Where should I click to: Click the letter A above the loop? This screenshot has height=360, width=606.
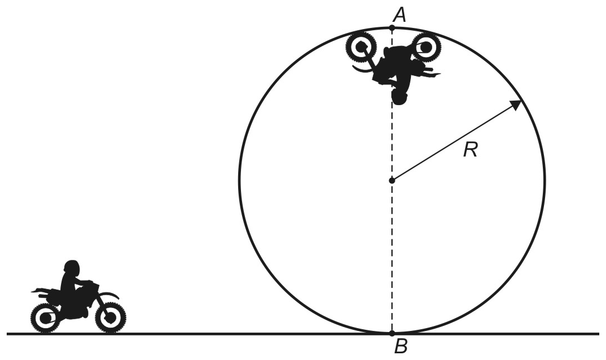click(400, 15)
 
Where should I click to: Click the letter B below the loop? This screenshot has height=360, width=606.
click(401, 347)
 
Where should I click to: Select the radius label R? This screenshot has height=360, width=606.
click(470, 149)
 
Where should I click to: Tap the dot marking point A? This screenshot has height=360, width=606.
click(392, 28)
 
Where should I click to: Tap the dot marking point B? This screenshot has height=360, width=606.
click(392, 333)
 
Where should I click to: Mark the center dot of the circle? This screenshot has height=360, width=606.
click(392, 181)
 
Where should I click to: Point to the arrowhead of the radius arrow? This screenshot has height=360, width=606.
click(517, 105)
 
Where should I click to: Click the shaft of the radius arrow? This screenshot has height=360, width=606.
click(453, 143)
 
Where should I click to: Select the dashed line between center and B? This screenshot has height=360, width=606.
click(392, 257)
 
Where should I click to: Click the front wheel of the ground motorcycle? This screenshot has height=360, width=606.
click(111, 318)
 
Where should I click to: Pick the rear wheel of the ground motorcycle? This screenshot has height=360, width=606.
click(46, 318)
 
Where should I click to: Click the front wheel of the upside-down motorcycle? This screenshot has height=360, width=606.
click(361, 47)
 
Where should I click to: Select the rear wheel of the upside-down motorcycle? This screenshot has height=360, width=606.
click(426, 47)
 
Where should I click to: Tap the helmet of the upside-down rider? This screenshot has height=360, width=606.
click(400, 97)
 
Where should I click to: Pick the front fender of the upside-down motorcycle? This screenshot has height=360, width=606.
click(362, 69)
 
